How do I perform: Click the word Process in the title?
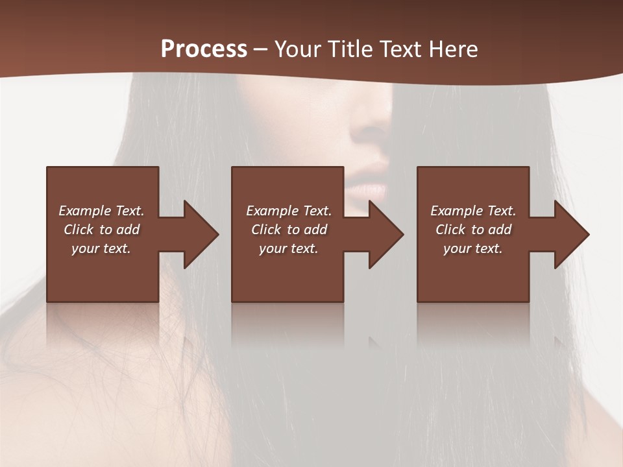204,49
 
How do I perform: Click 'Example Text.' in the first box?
101,211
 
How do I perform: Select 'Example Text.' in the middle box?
289,211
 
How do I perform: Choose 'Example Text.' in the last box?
473,211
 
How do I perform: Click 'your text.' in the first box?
101,248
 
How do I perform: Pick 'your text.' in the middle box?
289,248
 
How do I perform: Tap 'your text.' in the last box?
473,248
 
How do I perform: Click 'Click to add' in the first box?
101,230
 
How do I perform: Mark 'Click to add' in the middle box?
289,230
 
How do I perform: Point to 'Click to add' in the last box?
473,230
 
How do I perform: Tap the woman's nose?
370,123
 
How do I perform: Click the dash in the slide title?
261,50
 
